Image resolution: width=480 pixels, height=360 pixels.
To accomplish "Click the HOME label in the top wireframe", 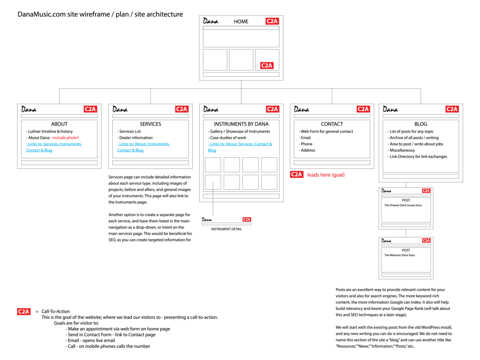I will click(x=241, y=21).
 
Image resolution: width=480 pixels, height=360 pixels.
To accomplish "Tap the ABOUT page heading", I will click(x=59, y=124).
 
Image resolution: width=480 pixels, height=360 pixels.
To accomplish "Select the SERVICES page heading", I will click(x=151, y=124).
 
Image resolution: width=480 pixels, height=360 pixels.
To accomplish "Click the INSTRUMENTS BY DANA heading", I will click(x=241, y=124).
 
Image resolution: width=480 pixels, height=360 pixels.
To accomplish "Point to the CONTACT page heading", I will click(x=332, y=124).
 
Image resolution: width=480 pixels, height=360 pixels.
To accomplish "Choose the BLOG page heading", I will click(x=421, y=124).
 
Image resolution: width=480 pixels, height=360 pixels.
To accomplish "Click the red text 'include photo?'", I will click(x=66, y=138).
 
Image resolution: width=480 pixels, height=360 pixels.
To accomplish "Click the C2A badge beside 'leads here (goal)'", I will click(x=296, y=175).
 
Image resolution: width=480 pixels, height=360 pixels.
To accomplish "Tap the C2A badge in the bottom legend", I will click(x=24, y=311).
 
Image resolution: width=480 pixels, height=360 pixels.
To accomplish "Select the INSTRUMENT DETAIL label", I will click(x=226, y=229).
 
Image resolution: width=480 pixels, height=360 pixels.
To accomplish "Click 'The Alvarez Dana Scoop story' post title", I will click(x=403, y=206).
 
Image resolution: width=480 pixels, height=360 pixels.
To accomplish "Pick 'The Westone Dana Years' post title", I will click(x=400, y=255).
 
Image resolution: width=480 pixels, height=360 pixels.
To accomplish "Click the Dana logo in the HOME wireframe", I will click(x=211, y=21).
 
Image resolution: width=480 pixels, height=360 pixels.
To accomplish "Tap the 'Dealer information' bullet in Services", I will click(x=136, y=138).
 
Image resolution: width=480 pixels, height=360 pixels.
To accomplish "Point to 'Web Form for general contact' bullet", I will click(x=326, y=132).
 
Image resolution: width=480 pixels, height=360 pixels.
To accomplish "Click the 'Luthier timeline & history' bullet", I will click(x=50, y=132).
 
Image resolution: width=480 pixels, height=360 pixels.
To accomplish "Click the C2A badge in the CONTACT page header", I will click(x=363, y=109).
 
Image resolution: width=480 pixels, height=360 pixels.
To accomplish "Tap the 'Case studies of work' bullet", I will click(x=228, y=138).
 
